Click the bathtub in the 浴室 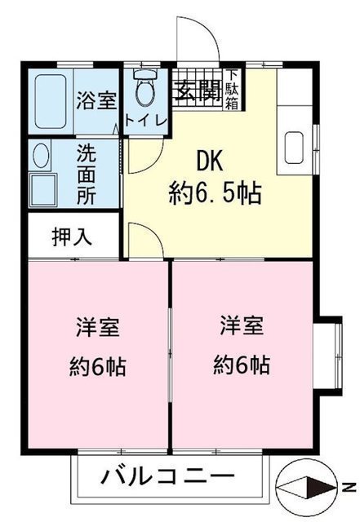click(51, 101)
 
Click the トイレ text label click(145, 121)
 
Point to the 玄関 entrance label click(198, 91)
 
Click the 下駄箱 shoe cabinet click(233, 89)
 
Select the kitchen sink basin click(294, 148)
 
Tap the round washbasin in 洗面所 click(41, 156)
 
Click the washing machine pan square click(43, 188)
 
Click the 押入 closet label click(72, 237)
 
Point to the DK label click(209, 161)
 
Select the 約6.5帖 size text click(215, 194)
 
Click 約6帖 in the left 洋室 click(98, 366)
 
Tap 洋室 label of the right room click(242, 325)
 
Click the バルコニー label click(167, 476)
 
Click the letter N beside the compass click(349, 488)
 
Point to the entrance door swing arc click(211, 28)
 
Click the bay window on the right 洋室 click(328, 356)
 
